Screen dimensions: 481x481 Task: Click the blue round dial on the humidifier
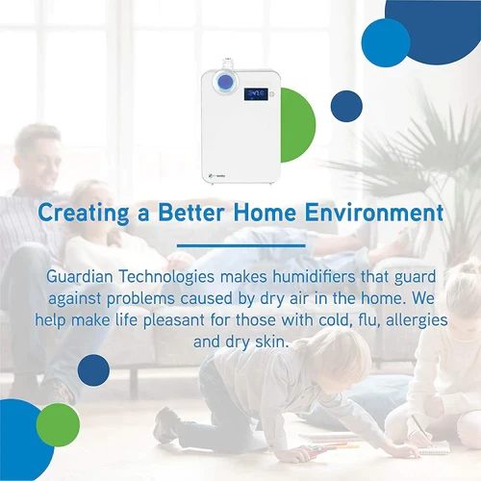pyautogui.click(x=224, y=83)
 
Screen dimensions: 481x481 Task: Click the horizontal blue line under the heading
pyautogui.click(x=240, y=245)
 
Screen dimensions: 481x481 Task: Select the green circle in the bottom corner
pyautogui.click(x=58, y=424)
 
